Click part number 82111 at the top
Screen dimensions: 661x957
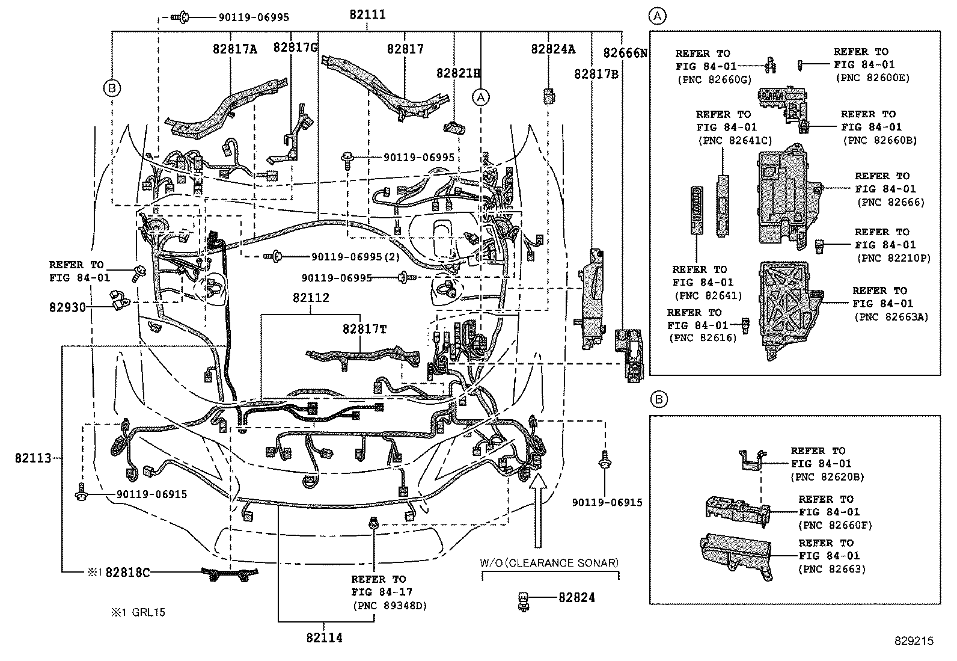(367, 15)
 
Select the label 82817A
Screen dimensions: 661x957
(234, 49)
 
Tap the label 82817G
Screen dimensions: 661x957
(295, 48)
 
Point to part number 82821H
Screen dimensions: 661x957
(459, 73)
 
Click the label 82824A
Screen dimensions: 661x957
(552, 49)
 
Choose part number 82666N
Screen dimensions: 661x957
(625, 53)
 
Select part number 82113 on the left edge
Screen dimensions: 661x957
(33, 458)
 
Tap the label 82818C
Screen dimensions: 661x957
(127, 572)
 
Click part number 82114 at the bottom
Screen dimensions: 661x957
(324, 638)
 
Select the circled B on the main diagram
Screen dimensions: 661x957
(112, 89)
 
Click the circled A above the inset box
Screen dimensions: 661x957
(658, 16)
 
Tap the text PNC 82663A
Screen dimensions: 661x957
(891, 317)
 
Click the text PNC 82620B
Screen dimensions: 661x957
(826, 477)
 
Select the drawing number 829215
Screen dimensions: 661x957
(913, 641)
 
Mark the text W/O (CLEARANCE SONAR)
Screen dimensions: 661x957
(549, 563)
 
